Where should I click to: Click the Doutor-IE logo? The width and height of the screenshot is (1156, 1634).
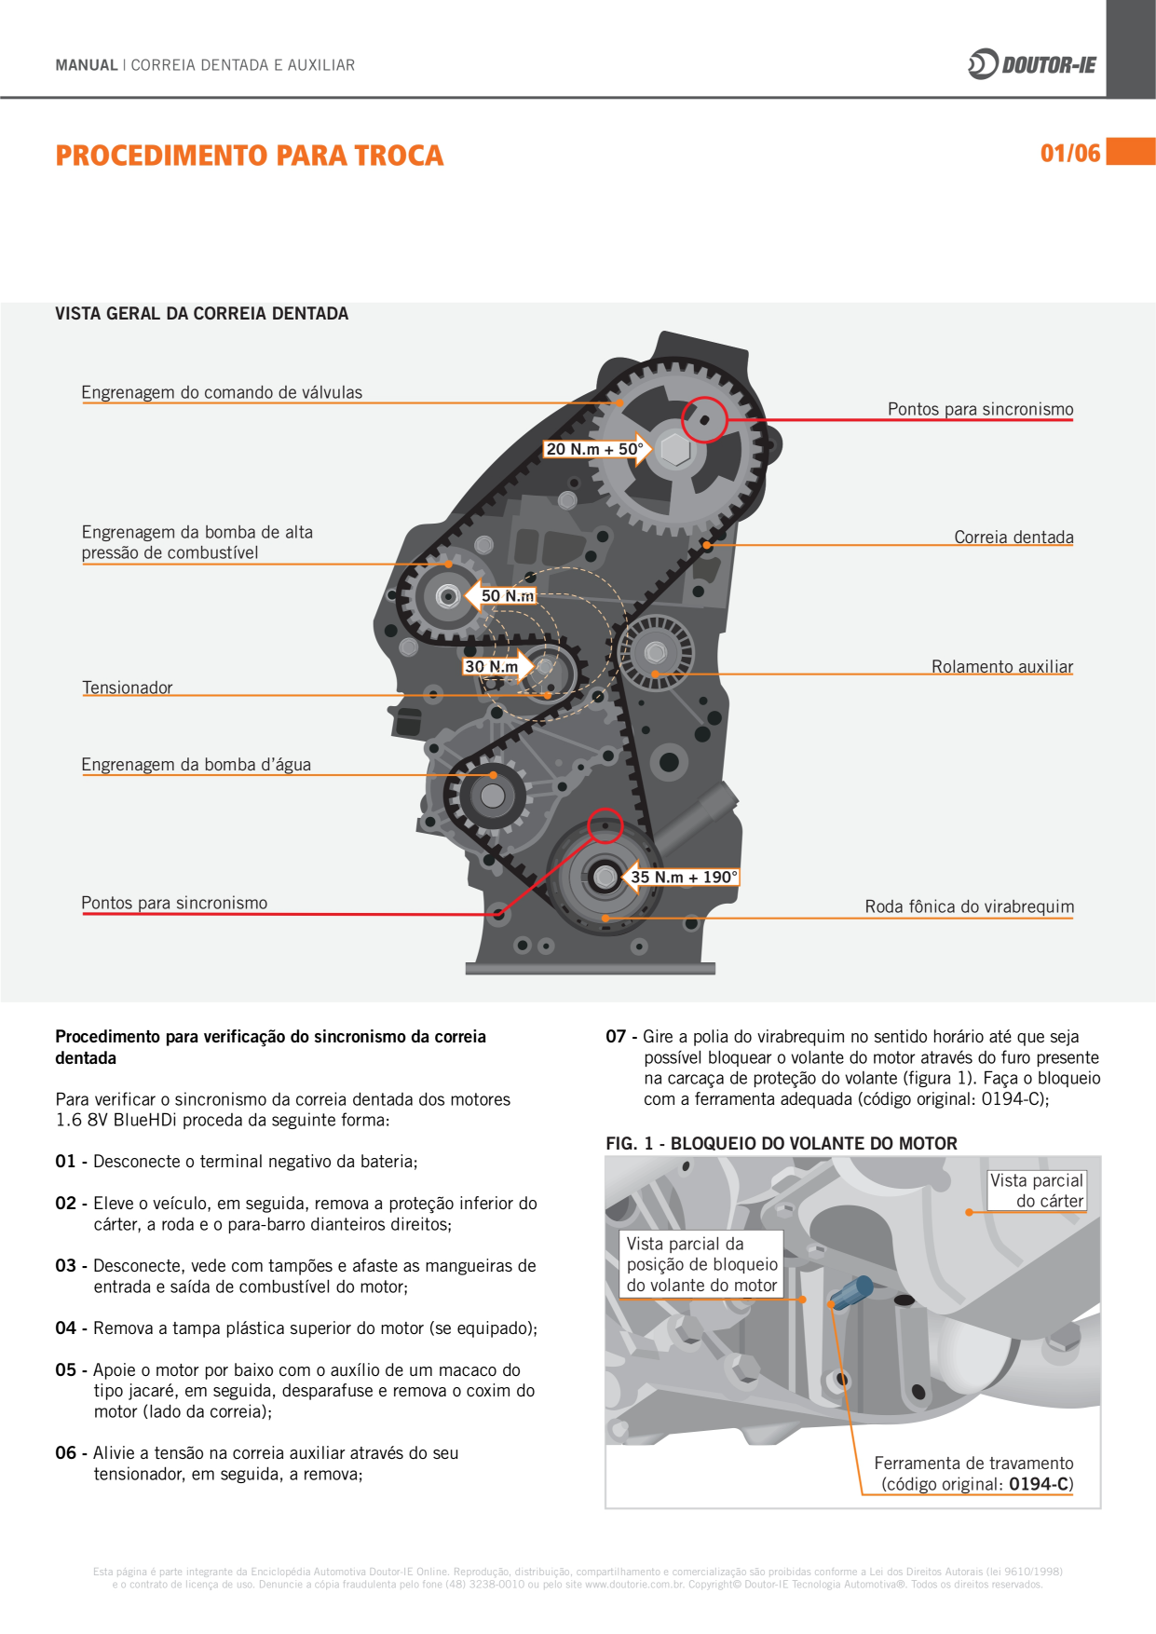1032,64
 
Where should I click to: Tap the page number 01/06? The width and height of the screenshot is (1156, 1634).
1070,154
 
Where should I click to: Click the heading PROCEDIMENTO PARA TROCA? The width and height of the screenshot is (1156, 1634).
249,156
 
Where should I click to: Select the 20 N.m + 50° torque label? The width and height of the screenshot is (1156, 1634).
594,449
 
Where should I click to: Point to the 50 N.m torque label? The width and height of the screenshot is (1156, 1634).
508,595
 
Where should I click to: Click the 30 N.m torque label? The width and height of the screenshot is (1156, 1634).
491,666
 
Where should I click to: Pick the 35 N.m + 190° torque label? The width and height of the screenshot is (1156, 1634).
684,877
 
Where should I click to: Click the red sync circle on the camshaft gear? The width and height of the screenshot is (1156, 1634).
704,419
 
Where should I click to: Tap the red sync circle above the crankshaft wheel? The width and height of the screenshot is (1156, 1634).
605,826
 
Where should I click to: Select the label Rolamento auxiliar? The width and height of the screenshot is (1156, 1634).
1001,667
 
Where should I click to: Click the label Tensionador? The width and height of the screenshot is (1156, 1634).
128,688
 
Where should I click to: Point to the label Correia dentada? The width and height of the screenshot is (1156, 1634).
1013,538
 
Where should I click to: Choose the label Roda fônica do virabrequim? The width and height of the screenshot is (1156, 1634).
969,906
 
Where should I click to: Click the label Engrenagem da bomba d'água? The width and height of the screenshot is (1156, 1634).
196,765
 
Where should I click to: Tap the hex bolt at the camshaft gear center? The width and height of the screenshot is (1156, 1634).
674,450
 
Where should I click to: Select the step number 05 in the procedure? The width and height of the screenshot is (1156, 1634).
65,1369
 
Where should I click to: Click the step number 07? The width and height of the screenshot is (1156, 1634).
616,1036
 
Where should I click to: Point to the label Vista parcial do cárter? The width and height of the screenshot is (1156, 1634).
1036,1191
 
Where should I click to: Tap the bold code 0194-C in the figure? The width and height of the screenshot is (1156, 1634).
1039,1484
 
